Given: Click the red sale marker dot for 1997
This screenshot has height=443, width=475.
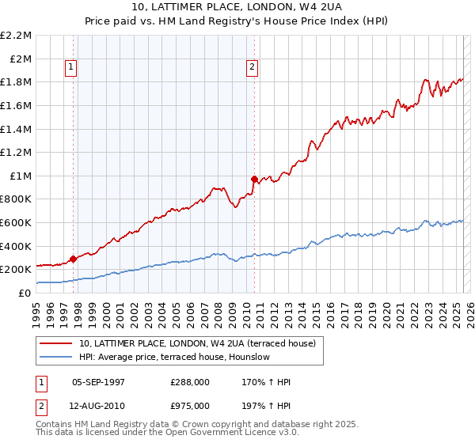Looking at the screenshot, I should coord(74,259).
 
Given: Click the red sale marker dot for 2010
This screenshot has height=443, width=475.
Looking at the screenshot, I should coord(254,179).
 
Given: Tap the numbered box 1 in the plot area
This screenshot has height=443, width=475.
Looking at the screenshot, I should coord(71,68).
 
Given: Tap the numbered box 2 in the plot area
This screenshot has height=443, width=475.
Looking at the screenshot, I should coord(252,68).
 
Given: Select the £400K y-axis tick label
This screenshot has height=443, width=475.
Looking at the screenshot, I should coord(17,246).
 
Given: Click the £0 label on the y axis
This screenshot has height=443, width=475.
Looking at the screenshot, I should coord(25,293).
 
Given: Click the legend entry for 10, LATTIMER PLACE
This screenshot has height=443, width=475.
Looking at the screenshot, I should coord(197,343).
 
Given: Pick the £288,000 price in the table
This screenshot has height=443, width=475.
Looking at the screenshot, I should coord(190,382).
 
